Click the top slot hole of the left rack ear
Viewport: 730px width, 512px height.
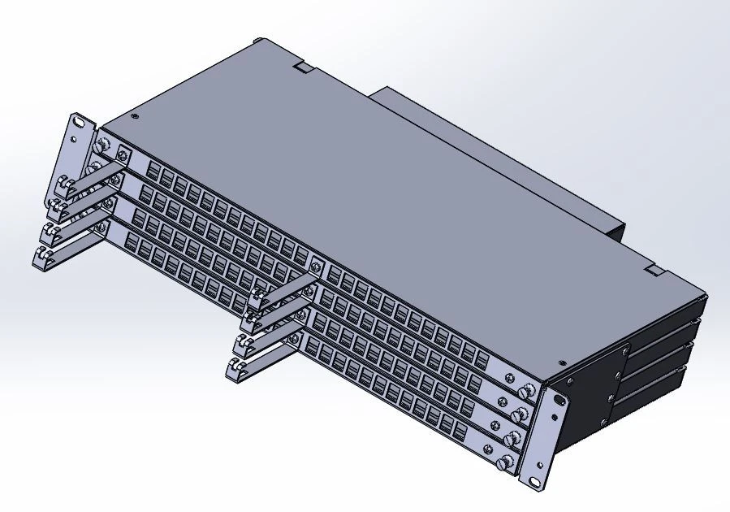click(x=79, y=124)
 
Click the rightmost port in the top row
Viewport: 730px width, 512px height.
click(x=482, y=360)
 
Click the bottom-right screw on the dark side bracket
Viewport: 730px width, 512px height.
click(x=604, y=422)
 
